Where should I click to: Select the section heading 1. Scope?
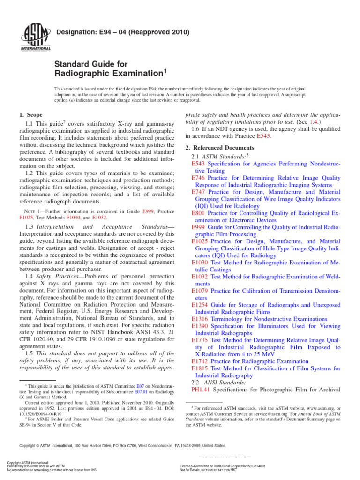pos(30,115)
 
